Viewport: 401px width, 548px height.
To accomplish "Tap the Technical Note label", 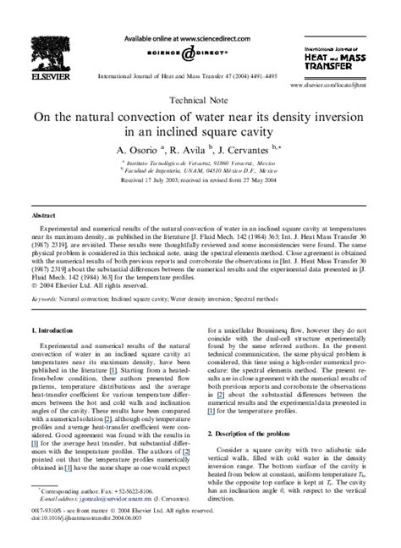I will coord(200,99).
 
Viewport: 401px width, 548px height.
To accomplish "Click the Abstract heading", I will coord(45,216).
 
